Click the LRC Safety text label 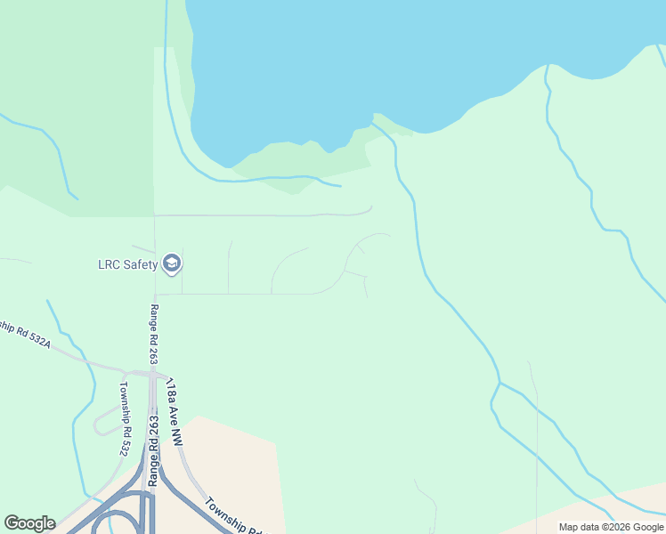click(x=127, y=263)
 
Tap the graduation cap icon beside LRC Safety click(x=172, y=263)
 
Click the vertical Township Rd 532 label click(x=124, y=418)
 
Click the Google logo click(x=29, y=523)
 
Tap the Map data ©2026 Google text click(x=611, y=527)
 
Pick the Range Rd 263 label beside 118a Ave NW click(x=153, y=449)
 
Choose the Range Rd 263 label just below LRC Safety click(x=154, y=333)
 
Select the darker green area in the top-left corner click(x=71, y=71)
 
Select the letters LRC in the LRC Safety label click(x=108, y=263)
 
